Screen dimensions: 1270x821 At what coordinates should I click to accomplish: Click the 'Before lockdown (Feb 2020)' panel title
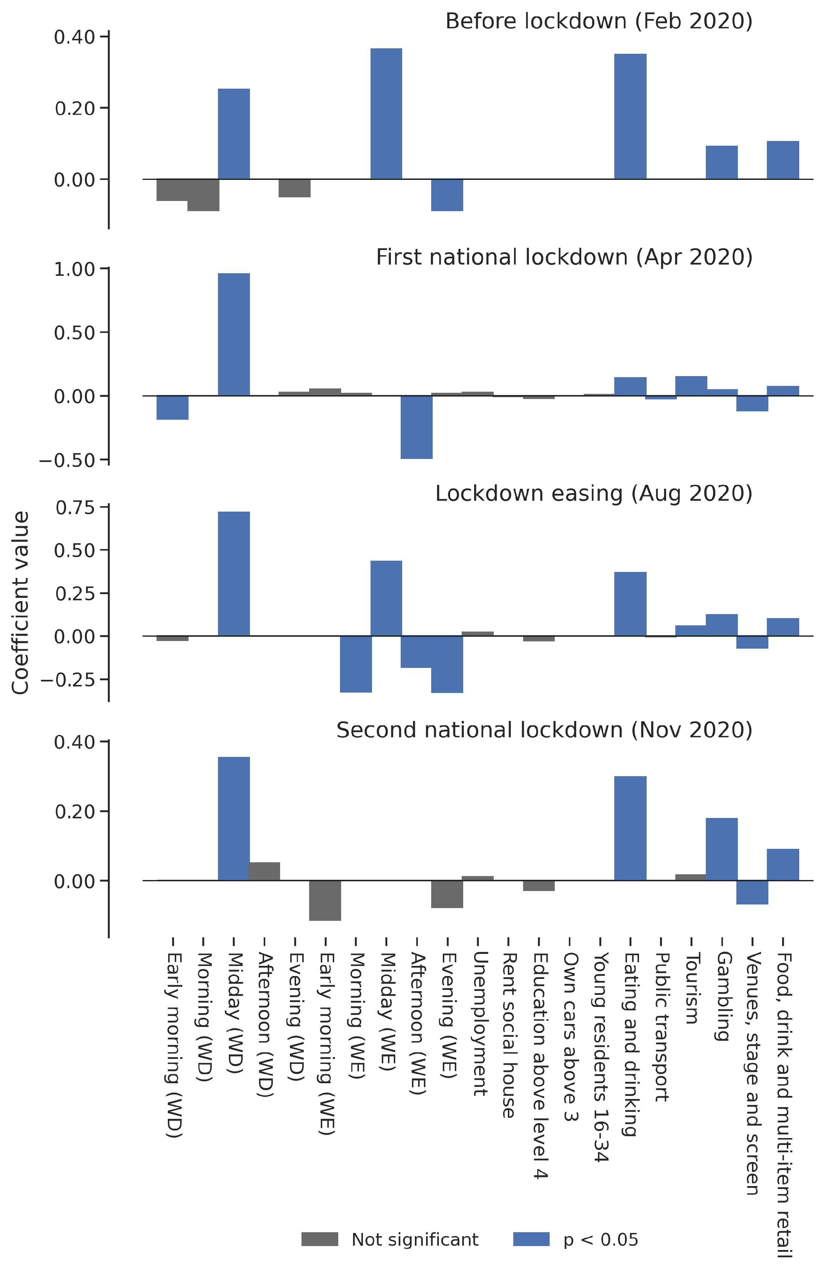tap(598, 21)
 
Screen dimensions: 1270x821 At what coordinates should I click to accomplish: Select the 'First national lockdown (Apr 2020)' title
tap(564, 257)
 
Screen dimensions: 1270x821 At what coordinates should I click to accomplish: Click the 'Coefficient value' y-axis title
tap(20, 602)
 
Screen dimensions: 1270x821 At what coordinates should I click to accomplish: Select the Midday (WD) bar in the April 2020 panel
tap(234, 334)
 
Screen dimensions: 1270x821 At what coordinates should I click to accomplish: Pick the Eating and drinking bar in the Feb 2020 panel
tap(630, 116)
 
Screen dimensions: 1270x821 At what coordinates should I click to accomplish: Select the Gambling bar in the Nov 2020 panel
tap(721, 849)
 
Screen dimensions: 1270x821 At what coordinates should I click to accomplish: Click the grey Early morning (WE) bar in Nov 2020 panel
tap(325, 900)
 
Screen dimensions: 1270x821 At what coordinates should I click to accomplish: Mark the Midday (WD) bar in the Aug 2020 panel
tap(234, 574)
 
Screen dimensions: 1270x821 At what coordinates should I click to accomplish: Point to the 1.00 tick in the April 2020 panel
tap(74, 269)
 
